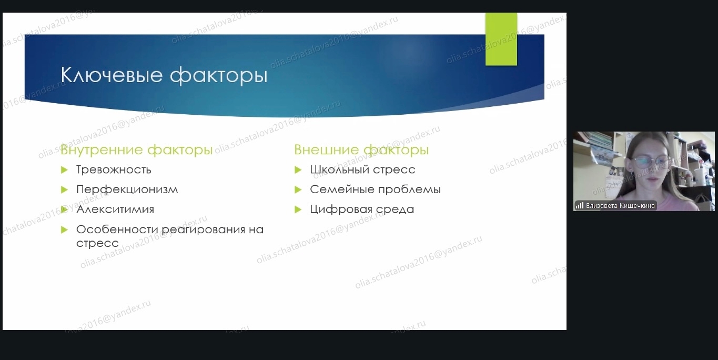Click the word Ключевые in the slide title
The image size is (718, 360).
112,75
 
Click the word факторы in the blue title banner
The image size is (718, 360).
219,76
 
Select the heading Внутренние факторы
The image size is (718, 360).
137,150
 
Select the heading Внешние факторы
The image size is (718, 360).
361,150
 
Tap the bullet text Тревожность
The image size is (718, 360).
114,169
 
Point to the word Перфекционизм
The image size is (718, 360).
127,189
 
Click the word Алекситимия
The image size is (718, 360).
115,209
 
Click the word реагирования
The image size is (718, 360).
203,230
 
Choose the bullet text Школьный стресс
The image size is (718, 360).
362,169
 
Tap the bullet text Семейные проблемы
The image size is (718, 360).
376,189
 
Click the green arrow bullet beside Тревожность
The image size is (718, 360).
64,169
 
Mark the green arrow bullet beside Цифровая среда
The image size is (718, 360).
298,209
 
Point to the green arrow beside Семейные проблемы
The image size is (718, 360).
298,189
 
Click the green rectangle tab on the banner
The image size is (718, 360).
501,39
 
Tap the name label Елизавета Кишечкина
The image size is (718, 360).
620,206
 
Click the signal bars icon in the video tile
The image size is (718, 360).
580,206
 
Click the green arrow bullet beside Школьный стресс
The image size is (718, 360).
298,169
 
